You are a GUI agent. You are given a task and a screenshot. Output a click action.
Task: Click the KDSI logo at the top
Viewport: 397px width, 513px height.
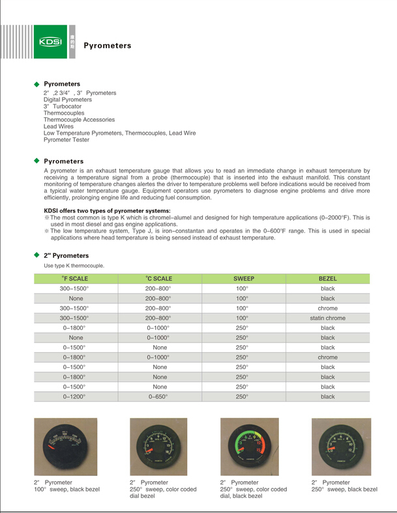click(x=50, y=42)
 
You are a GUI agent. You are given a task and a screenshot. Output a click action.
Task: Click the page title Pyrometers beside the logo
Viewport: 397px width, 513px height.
click(x=108, y=46)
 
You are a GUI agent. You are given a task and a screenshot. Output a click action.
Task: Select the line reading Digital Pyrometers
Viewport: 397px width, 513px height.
click(x=68, y=100)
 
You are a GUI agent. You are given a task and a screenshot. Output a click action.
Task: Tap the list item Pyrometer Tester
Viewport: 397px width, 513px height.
click(x=66, y=140)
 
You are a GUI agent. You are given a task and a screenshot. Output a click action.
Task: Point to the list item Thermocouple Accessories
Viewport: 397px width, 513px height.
click(x=79, y=120)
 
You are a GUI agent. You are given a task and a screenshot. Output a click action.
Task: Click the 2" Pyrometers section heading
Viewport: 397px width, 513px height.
click(x=66, y=256)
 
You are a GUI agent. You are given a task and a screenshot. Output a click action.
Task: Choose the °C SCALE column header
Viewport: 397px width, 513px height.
click(x=159, y=279)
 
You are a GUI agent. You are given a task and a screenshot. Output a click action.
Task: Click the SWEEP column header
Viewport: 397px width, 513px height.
click(x=244, y=279)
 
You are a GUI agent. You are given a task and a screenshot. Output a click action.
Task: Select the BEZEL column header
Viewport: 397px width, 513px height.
click(x=327, y=279)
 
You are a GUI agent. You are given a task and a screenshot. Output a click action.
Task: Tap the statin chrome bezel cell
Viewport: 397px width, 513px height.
click(x=327, y=318)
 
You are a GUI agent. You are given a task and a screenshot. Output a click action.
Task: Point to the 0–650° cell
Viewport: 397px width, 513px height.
click(x=159, y=396)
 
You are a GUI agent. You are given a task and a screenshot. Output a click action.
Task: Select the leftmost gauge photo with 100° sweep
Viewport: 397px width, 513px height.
click(x=65, y=447)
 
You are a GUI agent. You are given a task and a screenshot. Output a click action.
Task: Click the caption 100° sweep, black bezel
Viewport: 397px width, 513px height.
click(x=65, y=489)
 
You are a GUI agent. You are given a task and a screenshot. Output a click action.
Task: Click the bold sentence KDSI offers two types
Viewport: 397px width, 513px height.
click(x=107, y=210)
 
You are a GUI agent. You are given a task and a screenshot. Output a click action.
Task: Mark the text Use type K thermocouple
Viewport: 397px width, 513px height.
click(x=74, y=266)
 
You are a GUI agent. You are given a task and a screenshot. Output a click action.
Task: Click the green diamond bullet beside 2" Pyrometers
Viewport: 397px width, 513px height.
click(x=37, y=255)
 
